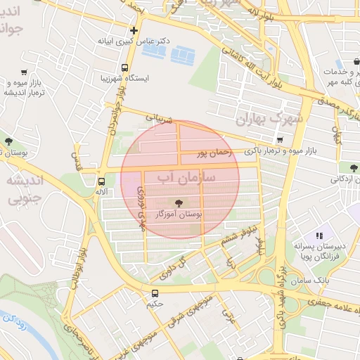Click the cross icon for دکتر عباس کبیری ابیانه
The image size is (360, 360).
pyautogui.click(x=134, y=30)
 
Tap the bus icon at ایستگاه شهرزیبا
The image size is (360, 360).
pyautogui.click(x=124, y=68)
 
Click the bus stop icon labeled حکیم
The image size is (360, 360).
pyautogui.click(x=155, y=293)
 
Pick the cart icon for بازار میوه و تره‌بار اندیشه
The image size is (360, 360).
pyautogui.click(x=24, y=72)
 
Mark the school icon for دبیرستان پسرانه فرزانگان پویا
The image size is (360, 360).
pyautogui.click(x=319, y=236)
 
